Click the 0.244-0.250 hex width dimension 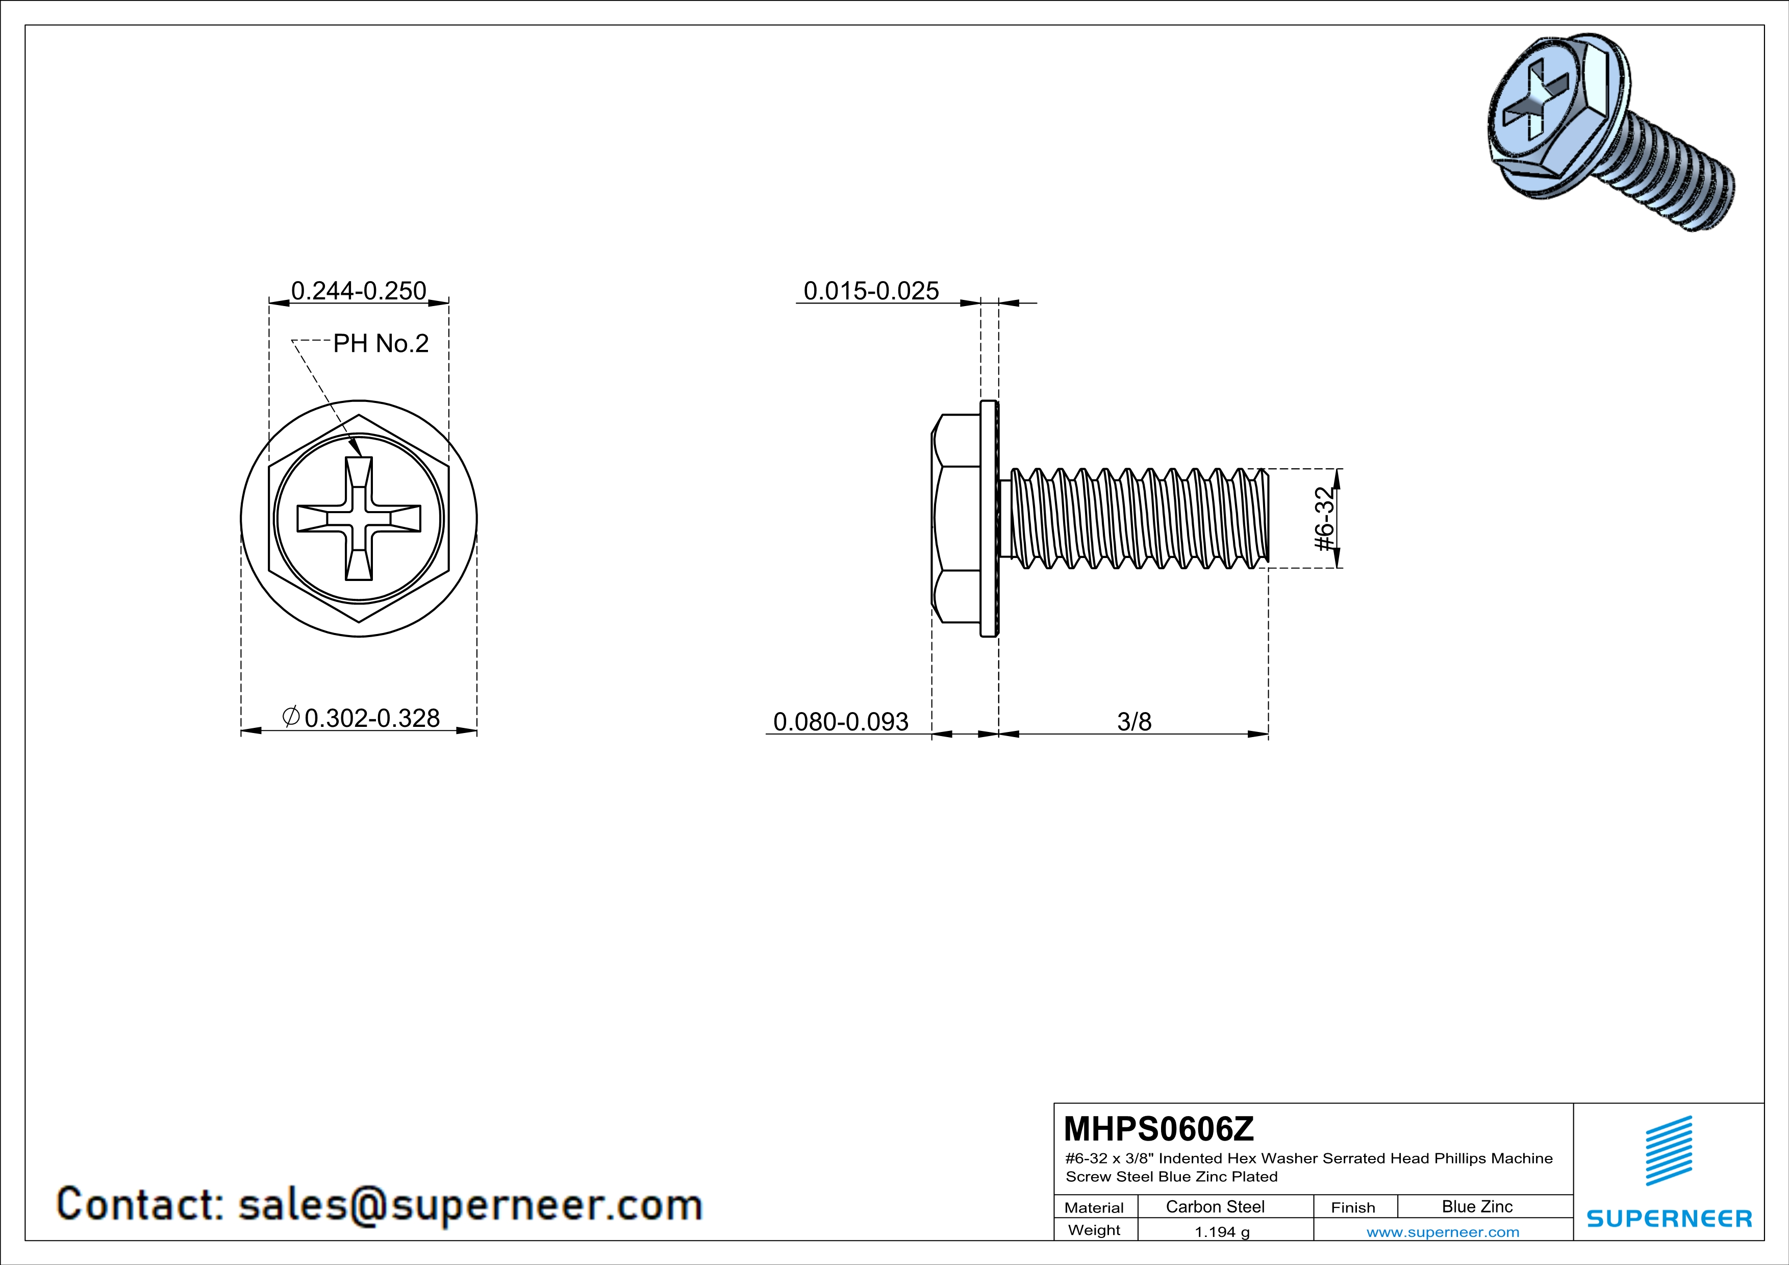point(359,291)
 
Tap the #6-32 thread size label point(1325,519)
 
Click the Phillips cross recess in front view point(359,519)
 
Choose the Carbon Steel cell point(1215,1206)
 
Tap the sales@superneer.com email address point(470,1204)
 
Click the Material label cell point(1094,1207)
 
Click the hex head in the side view point(956,519)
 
